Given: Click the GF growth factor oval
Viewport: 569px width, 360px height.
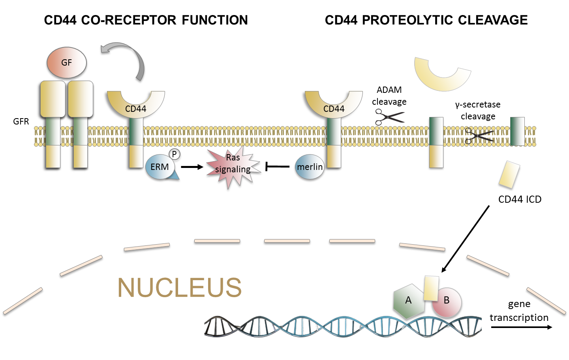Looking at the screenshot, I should pos(66,62).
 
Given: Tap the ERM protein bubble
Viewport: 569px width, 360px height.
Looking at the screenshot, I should pos(160,167).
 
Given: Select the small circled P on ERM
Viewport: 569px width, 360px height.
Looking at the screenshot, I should pos(174,154).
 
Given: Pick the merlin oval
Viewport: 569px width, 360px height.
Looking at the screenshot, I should pos(310,167).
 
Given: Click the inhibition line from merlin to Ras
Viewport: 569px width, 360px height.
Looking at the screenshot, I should pos(277,167).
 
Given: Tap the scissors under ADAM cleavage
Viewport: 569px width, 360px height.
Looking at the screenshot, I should pos(389,117).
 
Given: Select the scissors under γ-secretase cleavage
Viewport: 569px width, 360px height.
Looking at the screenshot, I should pos(479,136).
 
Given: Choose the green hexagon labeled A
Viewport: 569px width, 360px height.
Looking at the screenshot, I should pos(409,301).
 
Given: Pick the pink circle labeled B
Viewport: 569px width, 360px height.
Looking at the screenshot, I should pos(447,302).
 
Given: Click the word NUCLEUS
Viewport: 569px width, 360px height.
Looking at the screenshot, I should pos(180,287).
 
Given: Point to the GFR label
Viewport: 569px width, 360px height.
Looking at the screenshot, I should pos(21,121).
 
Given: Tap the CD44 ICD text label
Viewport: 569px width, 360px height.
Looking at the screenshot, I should pos(520,200).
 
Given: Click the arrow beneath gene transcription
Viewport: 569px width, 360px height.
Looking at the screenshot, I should pos(521,327).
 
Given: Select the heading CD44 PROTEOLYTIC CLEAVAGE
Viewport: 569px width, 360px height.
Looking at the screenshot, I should pos(426,20).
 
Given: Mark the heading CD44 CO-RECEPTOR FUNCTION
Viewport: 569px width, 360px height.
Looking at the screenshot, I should pos(146,20).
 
